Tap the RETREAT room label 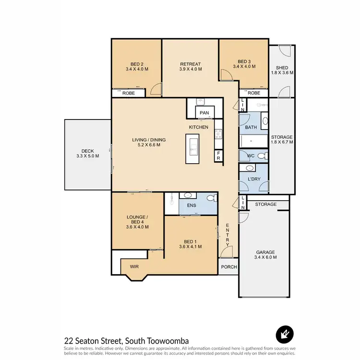tap(190, 64)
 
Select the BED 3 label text tap(244, 61)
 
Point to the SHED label tap(282, 68)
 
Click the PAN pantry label tap(204, 113)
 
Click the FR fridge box tap(218, 155)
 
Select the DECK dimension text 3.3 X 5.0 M tap(87, 156)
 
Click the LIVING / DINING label tap(149, 140)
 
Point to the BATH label tap(251, 127)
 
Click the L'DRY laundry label tap(253, 179)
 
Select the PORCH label tap(228, 267)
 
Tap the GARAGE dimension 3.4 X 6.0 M tap(265, 257)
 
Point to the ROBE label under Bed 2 tap(128, 93)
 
